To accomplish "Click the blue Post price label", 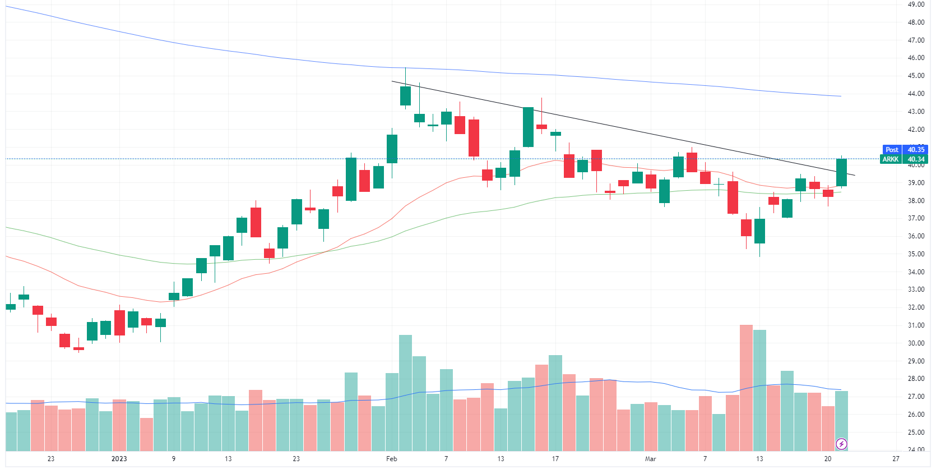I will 892,150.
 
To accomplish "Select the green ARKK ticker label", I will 891,159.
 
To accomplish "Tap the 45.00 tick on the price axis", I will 916,76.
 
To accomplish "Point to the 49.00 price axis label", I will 916,4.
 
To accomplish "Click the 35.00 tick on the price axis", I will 916,254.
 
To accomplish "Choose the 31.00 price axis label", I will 916,325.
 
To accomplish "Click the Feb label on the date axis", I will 392,459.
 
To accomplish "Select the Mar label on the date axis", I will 650,459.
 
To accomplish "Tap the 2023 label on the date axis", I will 119,459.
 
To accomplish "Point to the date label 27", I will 896,459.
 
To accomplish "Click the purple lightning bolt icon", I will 841,444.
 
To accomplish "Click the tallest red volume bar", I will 746,387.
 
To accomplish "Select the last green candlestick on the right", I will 841,172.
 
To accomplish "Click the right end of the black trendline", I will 855,176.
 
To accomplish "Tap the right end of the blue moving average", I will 841,96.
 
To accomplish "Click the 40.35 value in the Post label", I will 916,150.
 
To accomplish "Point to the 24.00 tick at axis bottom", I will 916,449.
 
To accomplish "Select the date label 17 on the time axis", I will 555,459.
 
